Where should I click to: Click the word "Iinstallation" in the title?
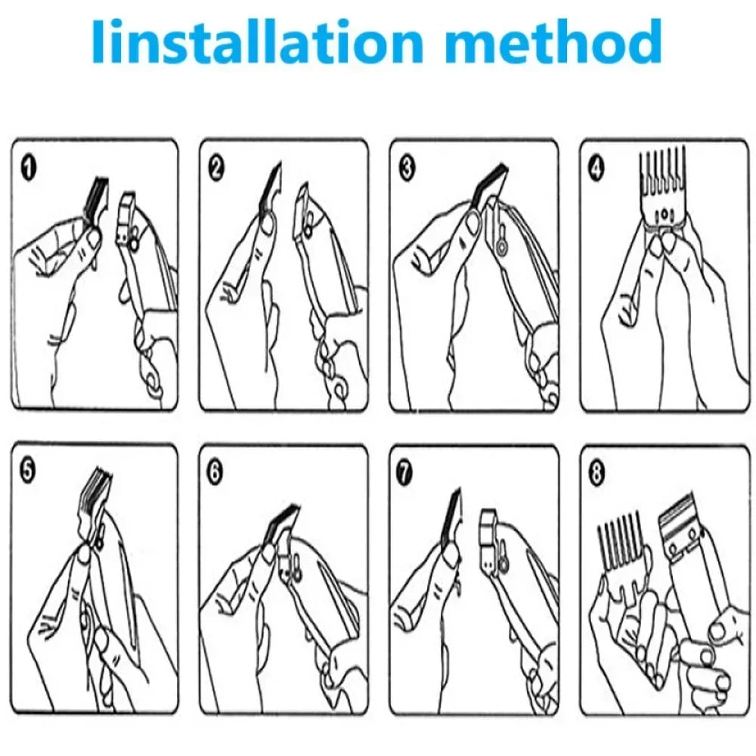coord(257,43)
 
